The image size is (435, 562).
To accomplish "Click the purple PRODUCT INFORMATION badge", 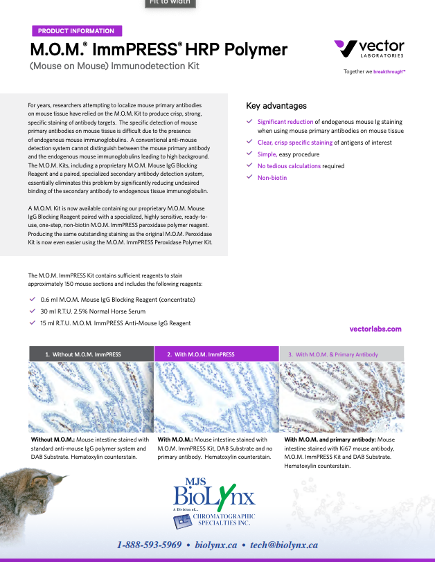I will click(x=76, y=31).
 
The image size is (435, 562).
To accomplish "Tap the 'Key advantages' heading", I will click(x=276, y=106).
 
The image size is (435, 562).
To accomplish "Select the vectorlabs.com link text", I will click(x=376, y=329).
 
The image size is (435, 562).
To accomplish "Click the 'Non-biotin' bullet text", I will click(x=272, y=178).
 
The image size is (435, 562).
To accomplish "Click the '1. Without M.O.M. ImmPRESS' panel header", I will click(x=91, y=354).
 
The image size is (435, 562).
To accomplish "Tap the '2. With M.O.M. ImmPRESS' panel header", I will click(x=215, y=354).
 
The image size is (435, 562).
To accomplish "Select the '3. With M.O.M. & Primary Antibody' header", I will click(x=341, y=354).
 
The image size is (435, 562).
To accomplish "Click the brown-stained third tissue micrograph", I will click(x=341, y=397).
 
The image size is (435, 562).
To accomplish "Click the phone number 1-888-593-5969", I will click(x=149, y=545).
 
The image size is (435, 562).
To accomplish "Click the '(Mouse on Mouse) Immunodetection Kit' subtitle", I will click(x=114, y=66).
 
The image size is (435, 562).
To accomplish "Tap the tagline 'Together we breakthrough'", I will click(x=375, y=71).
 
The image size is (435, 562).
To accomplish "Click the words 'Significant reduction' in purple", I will click(x=285, y=121).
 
